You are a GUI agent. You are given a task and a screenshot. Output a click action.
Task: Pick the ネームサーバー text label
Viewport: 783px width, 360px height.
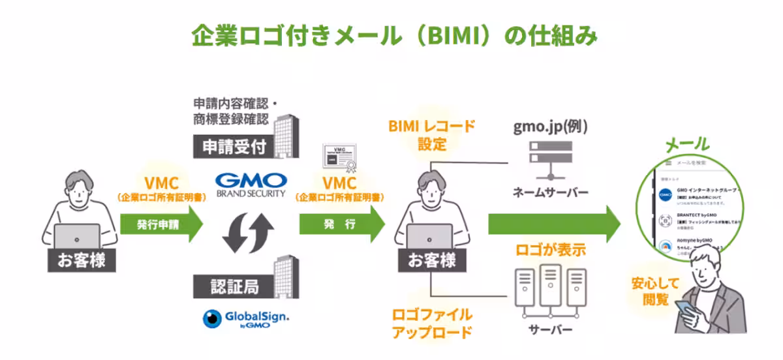550,192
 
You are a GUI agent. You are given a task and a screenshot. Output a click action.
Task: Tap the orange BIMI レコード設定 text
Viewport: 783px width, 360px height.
431,134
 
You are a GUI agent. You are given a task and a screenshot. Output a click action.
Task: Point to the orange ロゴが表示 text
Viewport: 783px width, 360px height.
550,249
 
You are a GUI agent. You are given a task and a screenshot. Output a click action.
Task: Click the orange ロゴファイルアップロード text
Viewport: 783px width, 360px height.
431,323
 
